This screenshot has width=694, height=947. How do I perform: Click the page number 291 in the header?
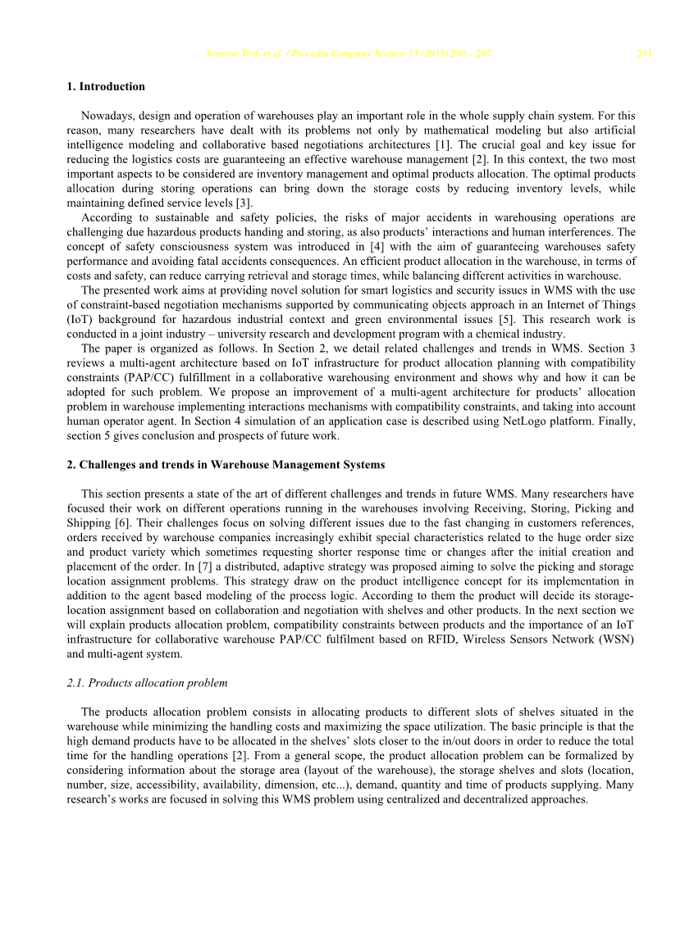pos(644,55)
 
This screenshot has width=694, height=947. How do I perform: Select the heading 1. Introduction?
pos(106,87)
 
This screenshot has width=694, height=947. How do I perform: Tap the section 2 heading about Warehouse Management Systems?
pos(226,465)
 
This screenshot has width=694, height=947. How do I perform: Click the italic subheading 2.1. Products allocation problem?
pos(147,683)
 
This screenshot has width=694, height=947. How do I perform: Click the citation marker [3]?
pos(245,204)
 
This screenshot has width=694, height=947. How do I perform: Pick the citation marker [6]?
pos(127,523)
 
